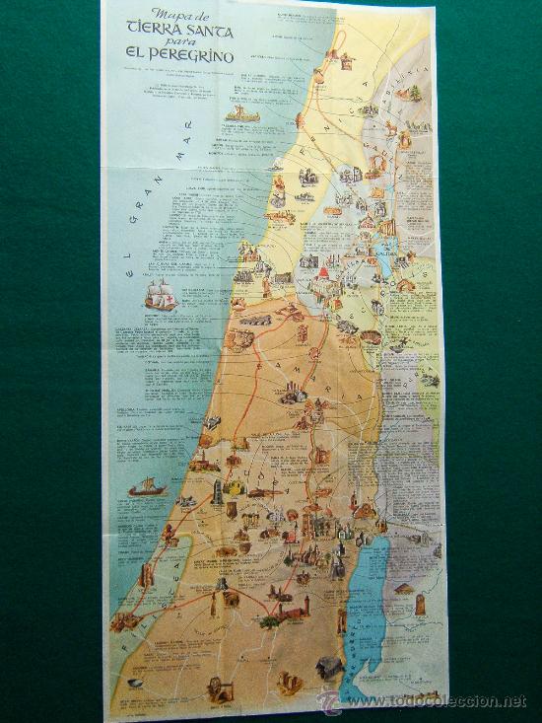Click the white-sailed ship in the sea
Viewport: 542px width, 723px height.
(x=160, y=294)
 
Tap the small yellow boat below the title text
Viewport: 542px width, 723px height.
(x=244, y=113)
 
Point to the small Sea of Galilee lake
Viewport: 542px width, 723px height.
(x=378, y=266)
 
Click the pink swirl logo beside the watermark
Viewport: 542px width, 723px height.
(x=331, y=700)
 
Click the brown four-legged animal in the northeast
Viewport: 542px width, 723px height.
(x=395, y=128)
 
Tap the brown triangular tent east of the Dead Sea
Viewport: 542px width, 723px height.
(x=404, y=588)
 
